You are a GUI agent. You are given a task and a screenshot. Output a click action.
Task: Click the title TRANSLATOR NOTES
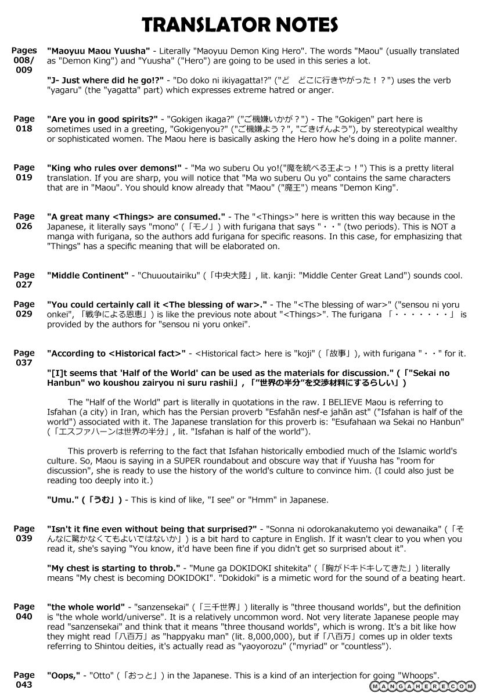(x=240, y=24)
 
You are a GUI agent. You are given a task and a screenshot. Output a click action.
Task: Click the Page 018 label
(x=24, y=124)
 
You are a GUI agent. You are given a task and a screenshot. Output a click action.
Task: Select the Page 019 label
(x=24, y=173)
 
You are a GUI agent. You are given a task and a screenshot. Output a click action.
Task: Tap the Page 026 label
(x=24, y=221)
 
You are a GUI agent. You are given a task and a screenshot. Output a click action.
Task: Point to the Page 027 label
(x=24, y=279)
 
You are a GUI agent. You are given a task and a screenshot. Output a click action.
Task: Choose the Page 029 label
(x=24, y=308)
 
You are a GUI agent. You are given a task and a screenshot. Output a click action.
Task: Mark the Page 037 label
(x=24, y=357)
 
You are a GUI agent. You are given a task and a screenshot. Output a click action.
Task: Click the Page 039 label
(x=24, y=533)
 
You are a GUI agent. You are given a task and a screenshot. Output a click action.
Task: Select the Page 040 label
(x=24, y=612)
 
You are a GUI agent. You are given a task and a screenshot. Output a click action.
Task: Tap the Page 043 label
(x=24, y=680)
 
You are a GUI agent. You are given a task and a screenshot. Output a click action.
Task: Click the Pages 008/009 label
(x=24, y=60)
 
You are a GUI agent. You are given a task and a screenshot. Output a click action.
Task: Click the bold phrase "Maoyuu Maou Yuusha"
(x=98, y=51)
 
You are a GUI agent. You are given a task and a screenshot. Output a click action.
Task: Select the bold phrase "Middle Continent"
(x=88, y=275)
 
